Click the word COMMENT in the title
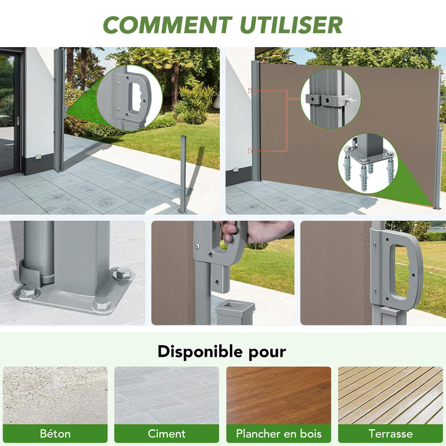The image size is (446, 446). (x=167, y=25)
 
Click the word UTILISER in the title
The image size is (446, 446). (x=291, y=25)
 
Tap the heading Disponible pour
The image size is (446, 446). (x=222, y=352)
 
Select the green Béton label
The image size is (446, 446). (x=55, y=434)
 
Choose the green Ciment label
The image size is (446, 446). (x=167, y=434)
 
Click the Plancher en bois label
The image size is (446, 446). (x=279, y=434)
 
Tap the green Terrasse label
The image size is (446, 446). (x=390, y=434)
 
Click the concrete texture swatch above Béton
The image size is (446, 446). (x=55, y=396)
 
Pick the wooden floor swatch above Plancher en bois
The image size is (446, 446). (x=279, y=396)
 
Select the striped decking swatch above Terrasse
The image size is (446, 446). (x=390, y=396)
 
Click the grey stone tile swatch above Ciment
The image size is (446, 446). (x=167, y=396)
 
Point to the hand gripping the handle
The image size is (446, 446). (x=256, y=232)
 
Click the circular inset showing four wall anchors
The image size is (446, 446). (x=368, y=164)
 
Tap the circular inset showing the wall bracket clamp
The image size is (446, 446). (x=331, y=98)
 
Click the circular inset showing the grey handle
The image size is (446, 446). (x=129, y=98)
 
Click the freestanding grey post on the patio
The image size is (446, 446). (x=183, y=174)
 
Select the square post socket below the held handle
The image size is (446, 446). (x=235, y=312)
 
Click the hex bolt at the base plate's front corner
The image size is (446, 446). (x=101, y=305)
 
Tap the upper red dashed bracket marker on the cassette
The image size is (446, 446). (x=251, y=90)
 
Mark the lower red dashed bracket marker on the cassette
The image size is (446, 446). (x=251, y=151)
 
